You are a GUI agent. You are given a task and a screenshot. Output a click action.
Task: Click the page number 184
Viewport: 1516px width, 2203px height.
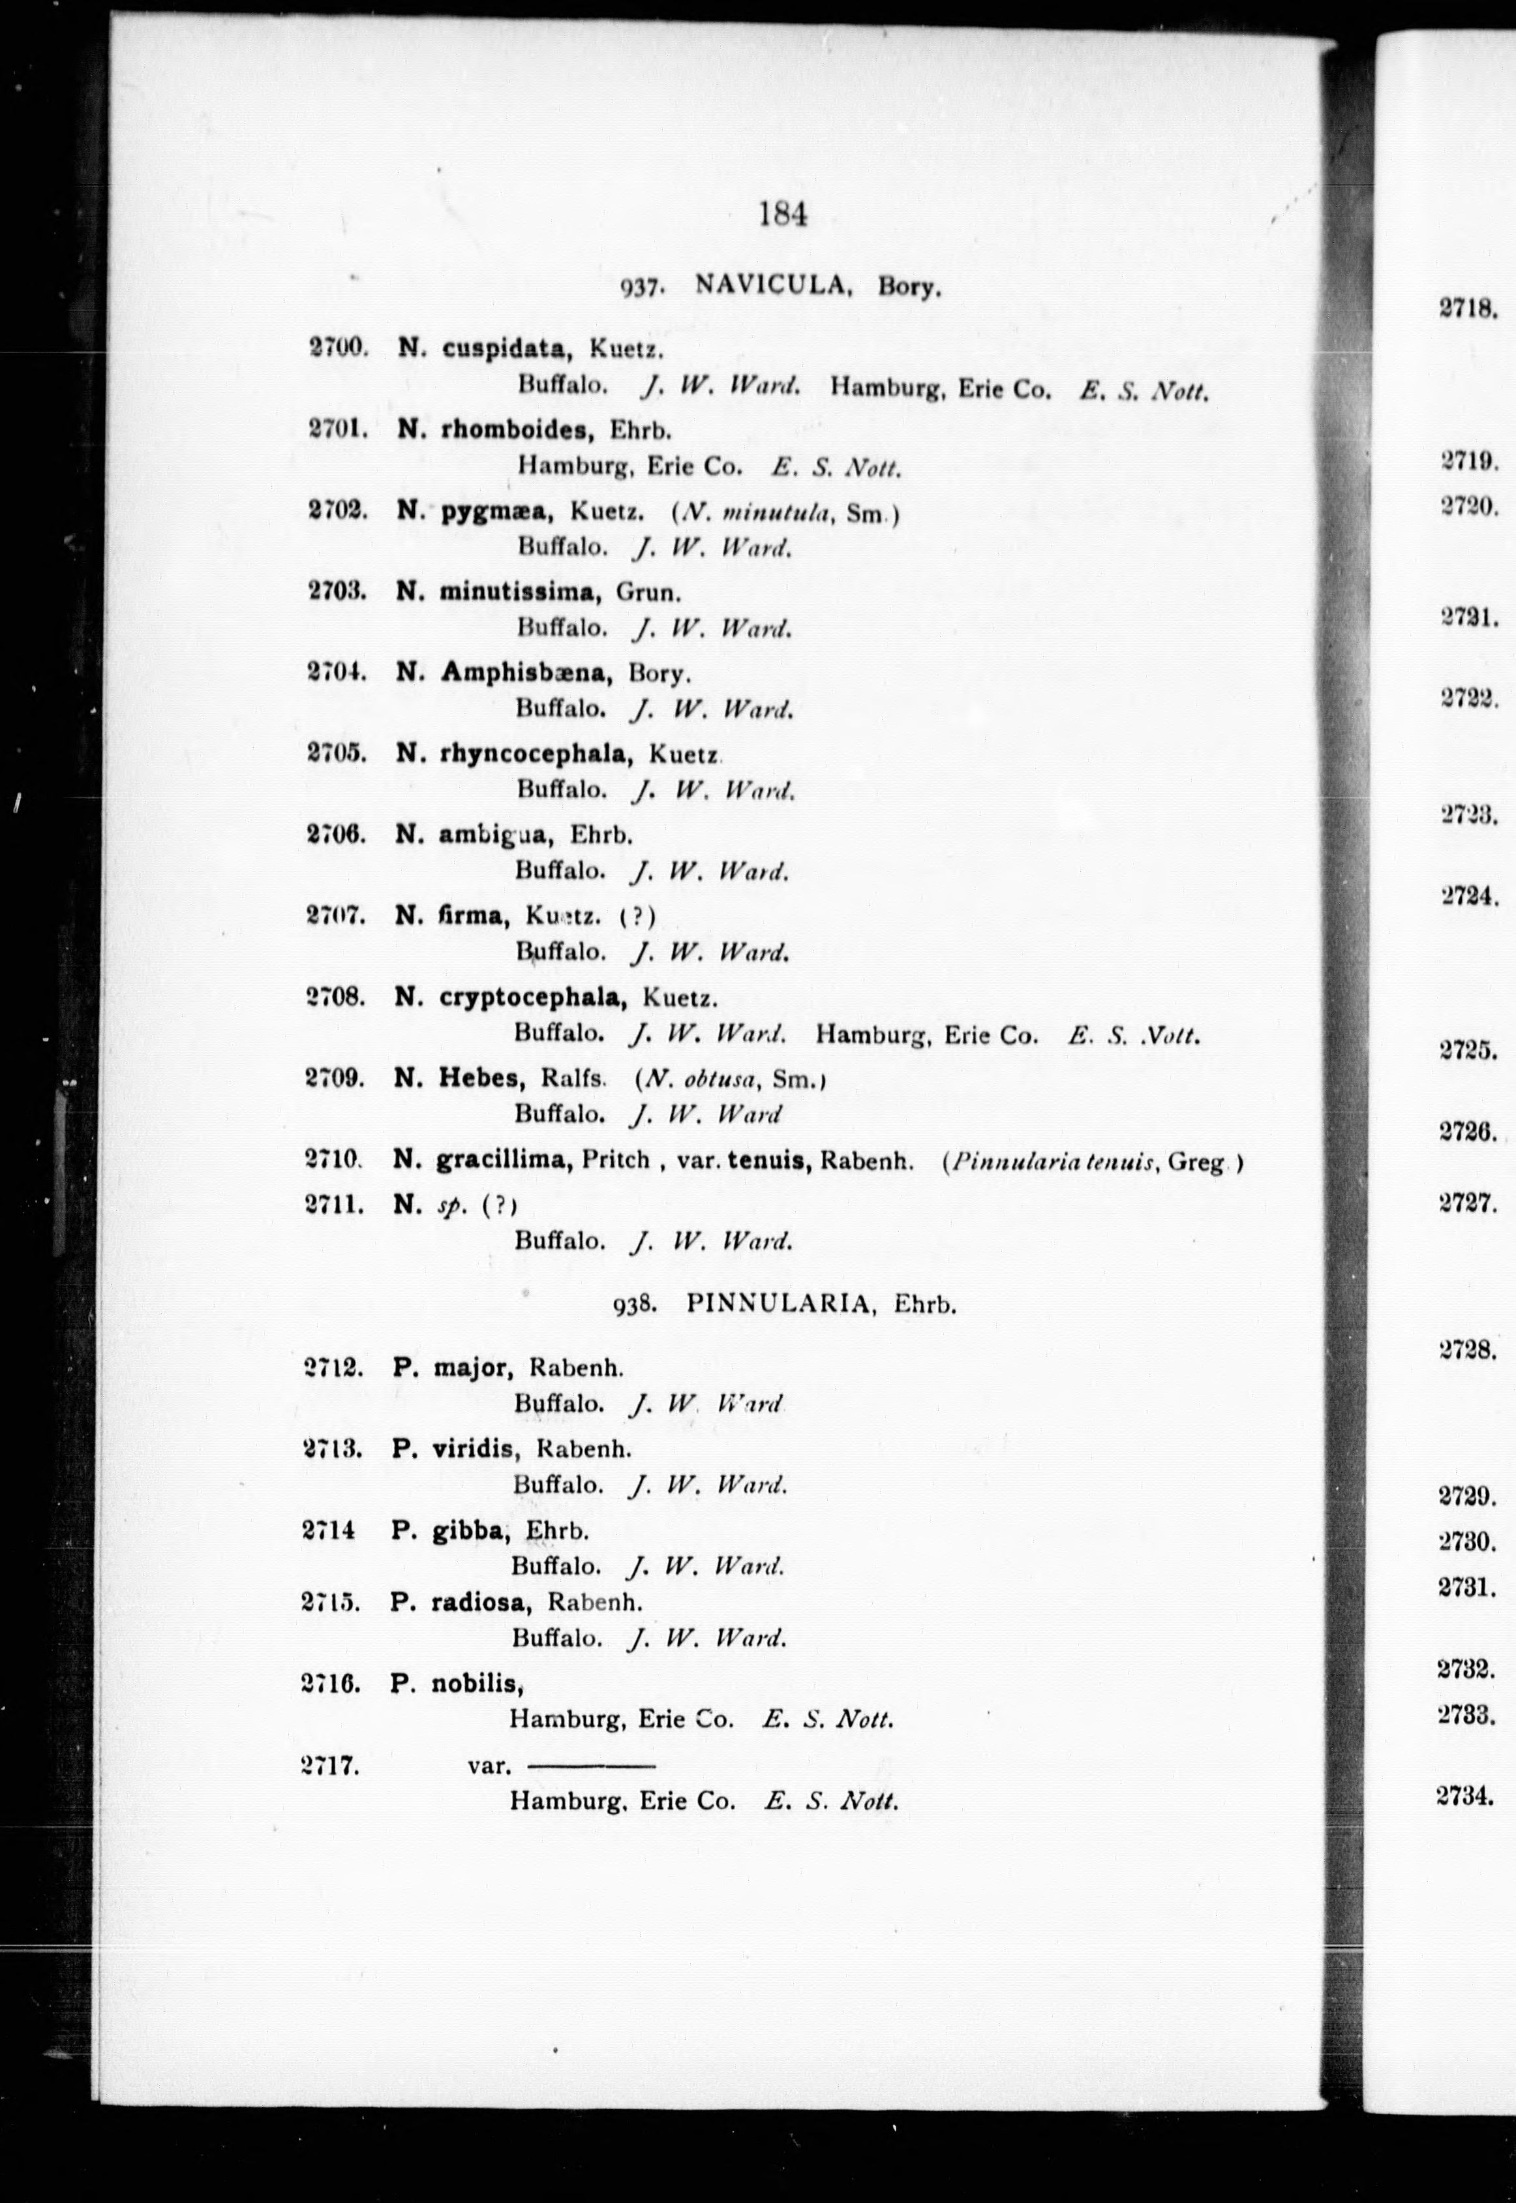(783, 215)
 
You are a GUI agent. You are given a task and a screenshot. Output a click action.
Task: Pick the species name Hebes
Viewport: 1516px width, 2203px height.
(481, 1078)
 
